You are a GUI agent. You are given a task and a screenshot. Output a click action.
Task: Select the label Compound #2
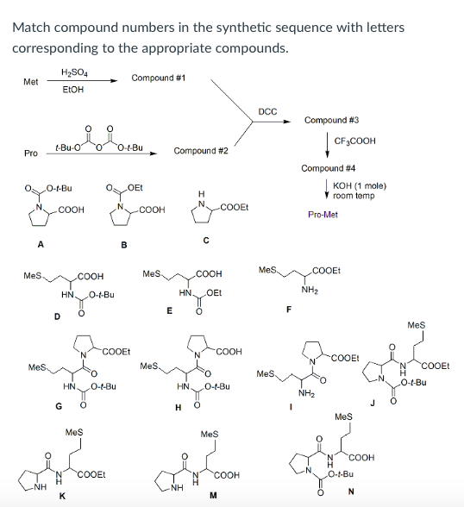[201, 151]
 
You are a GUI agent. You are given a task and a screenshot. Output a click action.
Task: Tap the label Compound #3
[331, 120]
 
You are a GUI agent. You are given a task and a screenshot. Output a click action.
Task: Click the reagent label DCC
[267, 110]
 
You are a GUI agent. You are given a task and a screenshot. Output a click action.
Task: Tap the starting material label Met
[30, 82]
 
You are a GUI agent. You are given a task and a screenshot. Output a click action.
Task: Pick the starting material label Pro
[30, 153]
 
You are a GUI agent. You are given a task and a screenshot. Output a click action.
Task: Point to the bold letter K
[60, 496]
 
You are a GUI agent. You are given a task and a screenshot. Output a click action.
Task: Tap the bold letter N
[351, 492]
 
